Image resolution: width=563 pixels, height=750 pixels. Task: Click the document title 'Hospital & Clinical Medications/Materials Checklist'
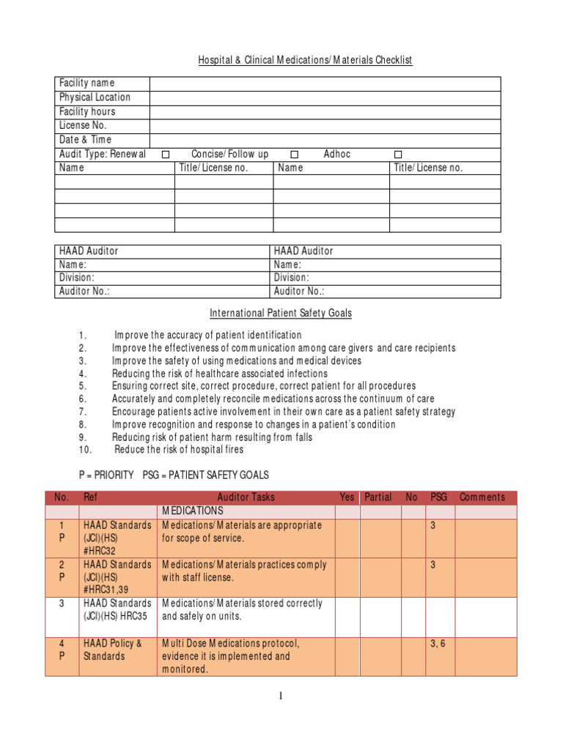305,60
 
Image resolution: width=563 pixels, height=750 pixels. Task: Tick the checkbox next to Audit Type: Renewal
166,155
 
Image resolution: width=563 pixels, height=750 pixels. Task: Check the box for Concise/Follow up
294,155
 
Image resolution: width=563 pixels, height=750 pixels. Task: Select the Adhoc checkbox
398,155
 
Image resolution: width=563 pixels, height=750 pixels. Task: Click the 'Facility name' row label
87,83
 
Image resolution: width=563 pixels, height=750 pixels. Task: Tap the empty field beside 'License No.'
325,126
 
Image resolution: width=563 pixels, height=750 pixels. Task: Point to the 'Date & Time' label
86,140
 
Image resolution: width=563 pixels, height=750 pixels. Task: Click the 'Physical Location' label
95,97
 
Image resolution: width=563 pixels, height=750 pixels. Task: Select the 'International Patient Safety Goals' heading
281,313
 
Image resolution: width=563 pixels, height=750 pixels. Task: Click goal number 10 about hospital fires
179,450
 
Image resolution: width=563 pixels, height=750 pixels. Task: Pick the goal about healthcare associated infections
219,374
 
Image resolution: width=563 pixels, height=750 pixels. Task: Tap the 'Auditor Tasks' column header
246,497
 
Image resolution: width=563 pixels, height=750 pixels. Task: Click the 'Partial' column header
378,497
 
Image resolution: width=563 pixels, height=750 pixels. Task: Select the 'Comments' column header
482,497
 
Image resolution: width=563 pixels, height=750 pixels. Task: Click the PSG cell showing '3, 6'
439,644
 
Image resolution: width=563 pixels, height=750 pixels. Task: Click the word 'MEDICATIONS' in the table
193,511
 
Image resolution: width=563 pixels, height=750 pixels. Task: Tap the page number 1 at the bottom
281,697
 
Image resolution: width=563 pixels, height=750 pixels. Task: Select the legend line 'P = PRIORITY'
106,475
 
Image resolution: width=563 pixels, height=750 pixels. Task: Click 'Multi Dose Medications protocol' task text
231,644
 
